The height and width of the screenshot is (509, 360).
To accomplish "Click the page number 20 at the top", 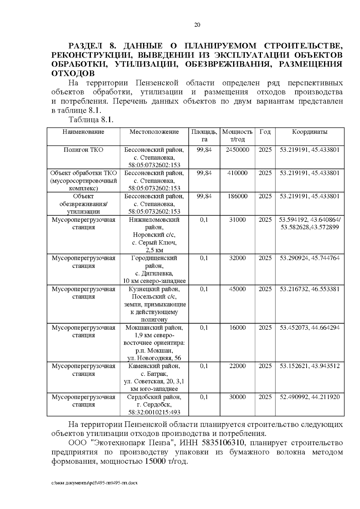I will click(197, 25).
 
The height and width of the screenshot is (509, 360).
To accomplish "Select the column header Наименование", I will click(83, 132).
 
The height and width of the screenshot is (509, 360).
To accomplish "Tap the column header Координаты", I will click(310, 132).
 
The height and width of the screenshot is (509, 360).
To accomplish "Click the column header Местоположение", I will click(154, 132).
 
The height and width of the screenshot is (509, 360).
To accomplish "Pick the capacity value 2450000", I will click(237, 150).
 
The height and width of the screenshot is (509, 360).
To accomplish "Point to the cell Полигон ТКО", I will click(83, 150).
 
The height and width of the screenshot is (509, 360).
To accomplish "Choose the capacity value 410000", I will click(237, 173).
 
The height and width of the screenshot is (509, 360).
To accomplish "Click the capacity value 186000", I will click(237, 196).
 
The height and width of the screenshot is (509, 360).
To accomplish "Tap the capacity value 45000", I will click(237, 289).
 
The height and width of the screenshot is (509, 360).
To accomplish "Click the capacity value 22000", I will click(237, 366).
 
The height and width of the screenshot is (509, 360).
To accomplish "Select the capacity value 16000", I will click(237, 328).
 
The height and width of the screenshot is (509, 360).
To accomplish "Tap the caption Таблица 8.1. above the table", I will click(91, 120).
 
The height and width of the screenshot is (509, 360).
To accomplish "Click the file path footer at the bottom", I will click(94, 483).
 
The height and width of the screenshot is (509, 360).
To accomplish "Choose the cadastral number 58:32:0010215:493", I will click(154, 412).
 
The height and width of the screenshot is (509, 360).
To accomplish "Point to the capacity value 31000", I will click(237, 220).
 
